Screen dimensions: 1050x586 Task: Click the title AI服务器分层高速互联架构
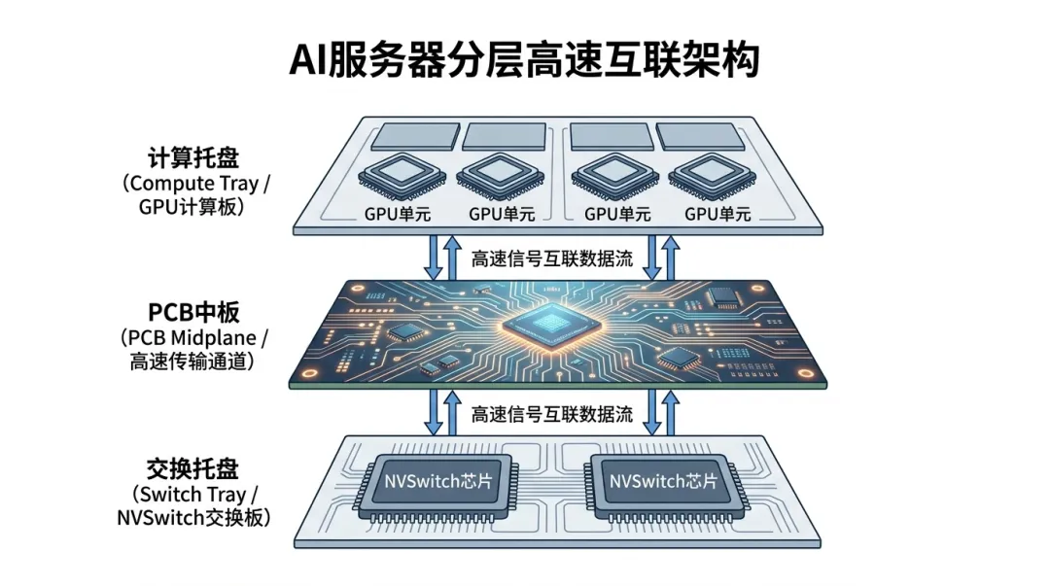[524, 60]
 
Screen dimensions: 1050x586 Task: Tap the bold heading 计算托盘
[193, 158]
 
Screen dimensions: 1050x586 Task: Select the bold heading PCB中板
[193, 313]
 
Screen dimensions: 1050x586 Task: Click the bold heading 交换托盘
[192, 468]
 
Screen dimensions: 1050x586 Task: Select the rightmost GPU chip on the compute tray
[713, 177]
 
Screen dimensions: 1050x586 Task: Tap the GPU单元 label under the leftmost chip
[398, 215]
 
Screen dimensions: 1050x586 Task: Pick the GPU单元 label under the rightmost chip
[717, 215]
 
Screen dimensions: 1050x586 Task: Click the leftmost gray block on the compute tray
[415, 137]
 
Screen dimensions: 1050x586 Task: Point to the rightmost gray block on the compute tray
[700, 137]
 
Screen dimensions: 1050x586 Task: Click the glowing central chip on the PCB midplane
[551, 325]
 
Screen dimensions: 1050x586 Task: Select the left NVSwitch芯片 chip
[438, 488]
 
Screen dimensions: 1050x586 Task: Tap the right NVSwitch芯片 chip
[664, 488]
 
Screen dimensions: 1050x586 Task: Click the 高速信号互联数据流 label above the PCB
[552, 259]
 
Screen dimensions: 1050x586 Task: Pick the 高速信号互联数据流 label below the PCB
[552, 414]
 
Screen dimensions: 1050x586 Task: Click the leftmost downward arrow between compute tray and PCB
[434, 258]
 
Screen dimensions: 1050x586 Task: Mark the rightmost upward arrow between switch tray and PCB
[670, 413]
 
